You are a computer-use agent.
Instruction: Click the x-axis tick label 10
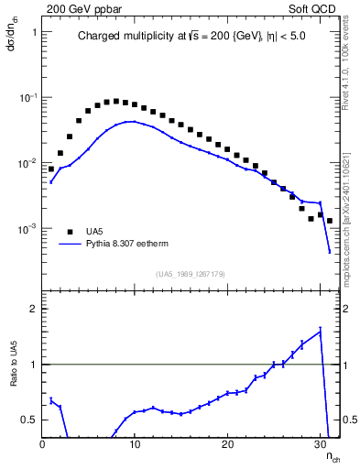(135, 444)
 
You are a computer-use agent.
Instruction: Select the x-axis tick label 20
(227, 444)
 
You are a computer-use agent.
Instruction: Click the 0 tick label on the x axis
(42, 444)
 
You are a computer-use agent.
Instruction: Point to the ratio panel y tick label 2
(32, 309)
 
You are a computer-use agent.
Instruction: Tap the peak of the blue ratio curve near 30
(320, 331)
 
